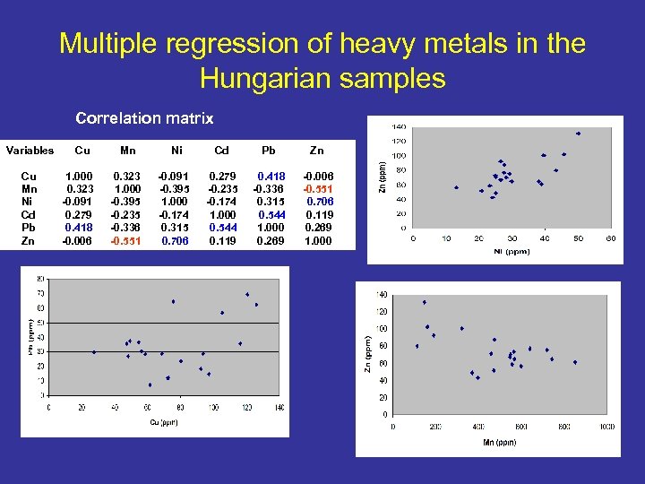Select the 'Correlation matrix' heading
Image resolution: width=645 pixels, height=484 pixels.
point(144,117)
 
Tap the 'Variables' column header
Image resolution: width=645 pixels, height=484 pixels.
point(30,151)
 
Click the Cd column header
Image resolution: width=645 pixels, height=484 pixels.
point(221,151)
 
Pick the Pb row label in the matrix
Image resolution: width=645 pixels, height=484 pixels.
point(29,228)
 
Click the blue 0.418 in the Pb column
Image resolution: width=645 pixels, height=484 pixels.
point(271,177)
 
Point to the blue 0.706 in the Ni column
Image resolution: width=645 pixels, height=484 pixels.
point(175,240)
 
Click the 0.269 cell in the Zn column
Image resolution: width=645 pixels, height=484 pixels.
point(318,228)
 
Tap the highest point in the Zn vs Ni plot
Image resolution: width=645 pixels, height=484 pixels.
point(579,134)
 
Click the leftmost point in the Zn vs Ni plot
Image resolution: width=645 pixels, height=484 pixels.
point(456,187)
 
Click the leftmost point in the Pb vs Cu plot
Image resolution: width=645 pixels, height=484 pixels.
point(94,352)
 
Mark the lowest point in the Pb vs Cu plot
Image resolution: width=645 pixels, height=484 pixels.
point(150,385)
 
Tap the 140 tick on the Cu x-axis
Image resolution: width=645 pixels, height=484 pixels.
point(279,407)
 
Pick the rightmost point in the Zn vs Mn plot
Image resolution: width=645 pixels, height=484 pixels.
point(575,362)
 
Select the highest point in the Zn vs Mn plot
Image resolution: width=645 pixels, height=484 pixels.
point(424,302)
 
